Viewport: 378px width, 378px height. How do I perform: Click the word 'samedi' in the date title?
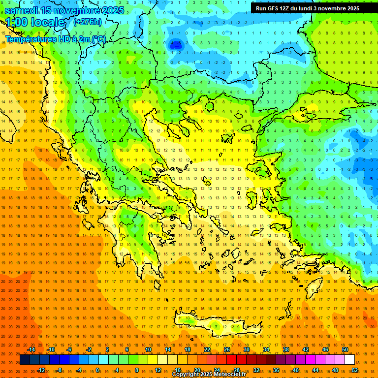(23, 10)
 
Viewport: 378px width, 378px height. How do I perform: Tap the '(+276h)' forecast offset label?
(88, 22)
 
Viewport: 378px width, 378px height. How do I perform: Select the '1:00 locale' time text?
(35, 22)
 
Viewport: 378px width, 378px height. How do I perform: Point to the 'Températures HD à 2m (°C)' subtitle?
(55, 39)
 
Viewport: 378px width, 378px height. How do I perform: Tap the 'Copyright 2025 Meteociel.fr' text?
(209, 375)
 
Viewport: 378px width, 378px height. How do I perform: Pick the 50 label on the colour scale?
(345, 349)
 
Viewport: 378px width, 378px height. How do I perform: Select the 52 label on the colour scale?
(355, 370)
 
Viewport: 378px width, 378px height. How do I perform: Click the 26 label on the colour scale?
(227, 349)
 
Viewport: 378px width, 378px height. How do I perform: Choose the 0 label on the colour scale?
(97, 370)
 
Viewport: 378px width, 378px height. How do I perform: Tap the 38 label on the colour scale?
(286, 349)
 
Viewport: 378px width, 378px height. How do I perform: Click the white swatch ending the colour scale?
(349, 360)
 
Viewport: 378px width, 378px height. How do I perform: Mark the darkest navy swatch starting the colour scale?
(25, 360)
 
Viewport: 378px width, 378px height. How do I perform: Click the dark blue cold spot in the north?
(174, 45)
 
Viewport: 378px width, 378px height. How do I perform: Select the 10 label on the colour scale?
(148, 349)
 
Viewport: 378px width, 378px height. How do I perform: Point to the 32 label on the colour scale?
(256, 370)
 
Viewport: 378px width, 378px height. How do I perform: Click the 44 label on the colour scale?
(315, 370)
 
